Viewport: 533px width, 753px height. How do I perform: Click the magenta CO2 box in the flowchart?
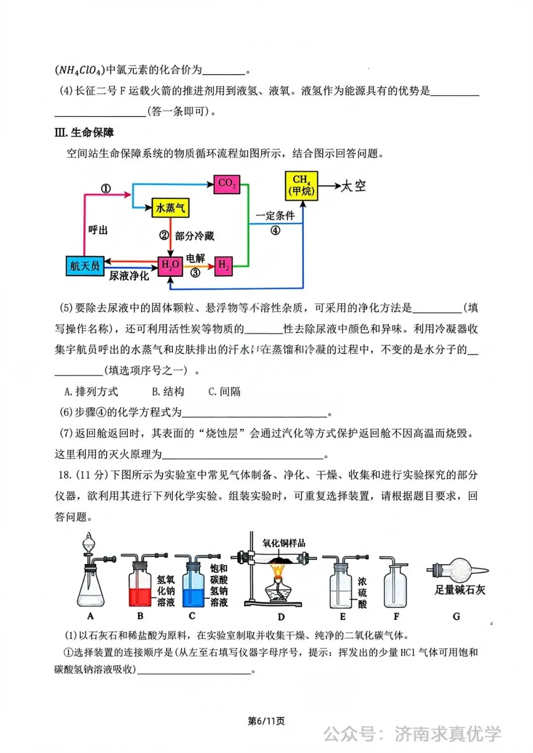(x=227, y=184)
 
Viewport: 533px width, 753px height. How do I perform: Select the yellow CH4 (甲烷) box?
(x=302, y=186)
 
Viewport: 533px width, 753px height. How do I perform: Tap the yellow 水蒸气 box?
(x=170, y=208)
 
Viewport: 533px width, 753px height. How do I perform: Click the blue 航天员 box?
(x=84, y=266)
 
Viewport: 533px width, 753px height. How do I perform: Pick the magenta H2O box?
(x=170, y=266)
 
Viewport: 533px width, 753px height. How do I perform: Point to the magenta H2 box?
(x=224, y=266)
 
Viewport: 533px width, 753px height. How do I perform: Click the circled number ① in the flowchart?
(x=106, y=188)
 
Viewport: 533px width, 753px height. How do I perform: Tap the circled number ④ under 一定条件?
(x=275, y=230)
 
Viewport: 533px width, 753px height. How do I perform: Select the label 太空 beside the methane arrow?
(x=354, y=186)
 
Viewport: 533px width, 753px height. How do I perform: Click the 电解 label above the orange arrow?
(x=195, y=258)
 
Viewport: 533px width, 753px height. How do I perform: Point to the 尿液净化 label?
(x=129, y=276)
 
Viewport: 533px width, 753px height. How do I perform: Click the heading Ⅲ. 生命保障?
(x=84, y=132)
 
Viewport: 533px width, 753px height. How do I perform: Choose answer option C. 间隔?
(x=225, y=392)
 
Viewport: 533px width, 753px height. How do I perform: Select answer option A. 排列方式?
(x=91, y=392)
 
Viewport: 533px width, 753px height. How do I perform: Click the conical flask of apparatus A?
(x=91, y=590)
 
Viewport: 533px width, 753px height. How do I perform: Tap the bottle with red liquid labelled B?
(x=140, y=590)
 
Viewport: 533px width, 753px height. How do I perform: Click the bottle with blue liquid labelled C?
(x=193, y=590)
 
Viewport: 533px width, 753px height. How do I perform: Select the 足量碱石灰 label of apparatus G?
(x=459, y=590)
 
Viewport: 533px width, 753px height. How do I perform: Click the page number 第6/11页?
(x=266, y=721)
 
